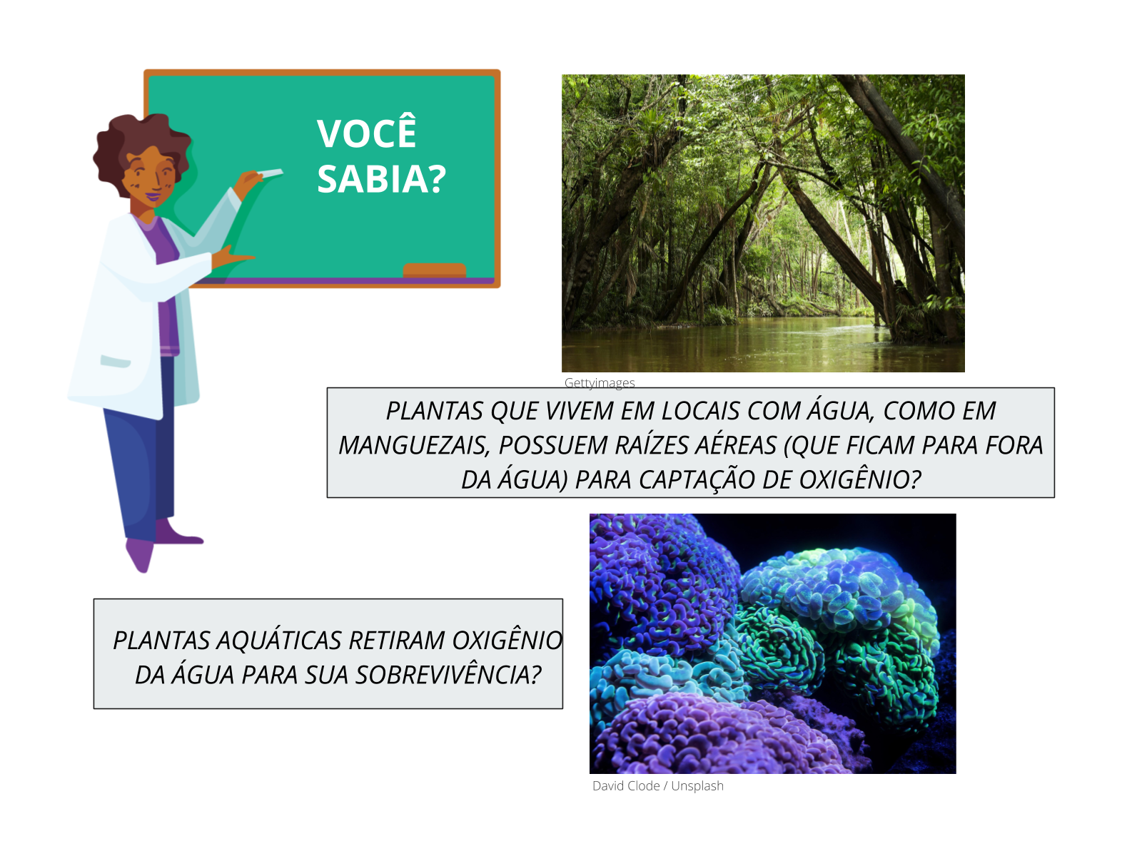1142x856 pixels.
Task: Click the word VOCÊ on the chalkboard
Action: (366, 131)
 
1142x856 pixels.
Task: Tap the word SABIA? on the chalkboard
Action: (381, 179)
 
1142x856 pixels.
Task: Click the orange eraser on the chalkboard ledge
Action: (435, 270)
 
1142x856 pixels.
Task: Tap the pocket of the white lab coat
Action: (115, 361)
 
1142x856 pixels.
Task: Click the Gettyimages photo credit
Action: (600, 383)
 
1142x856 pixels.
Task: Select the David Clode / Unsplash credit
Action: (657, 786)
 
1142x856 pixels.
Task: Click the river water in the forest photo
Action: (763, 347)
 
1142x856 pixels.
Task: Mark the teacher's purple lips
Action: (153, 197)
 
